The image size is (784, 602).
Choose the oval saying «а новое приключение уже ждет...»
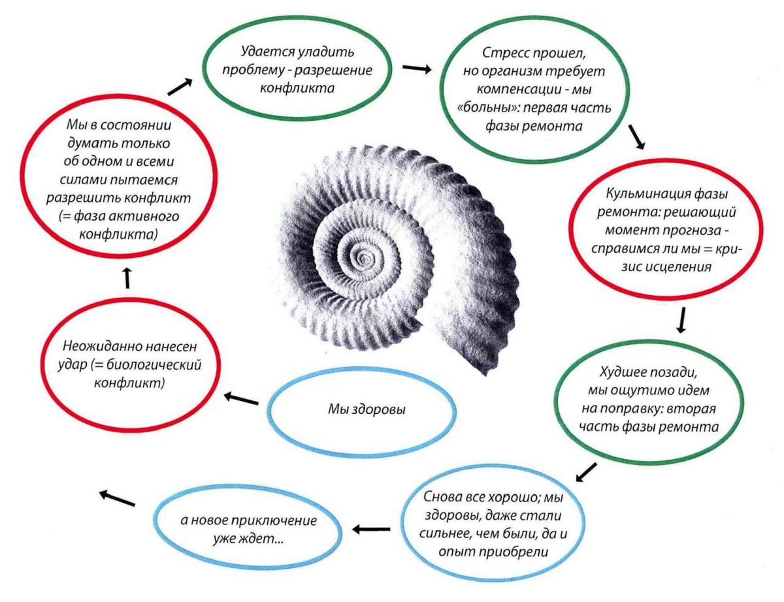tap(249, 530)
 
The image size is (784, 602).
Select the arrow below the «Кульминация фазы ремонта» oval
tap(681, 320)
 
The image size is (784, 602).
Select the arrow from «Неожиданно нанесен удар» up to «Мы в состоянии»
tap(127, 278)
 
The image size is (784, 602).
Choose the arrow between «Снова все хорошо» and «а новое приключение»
tap(371, 529)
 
